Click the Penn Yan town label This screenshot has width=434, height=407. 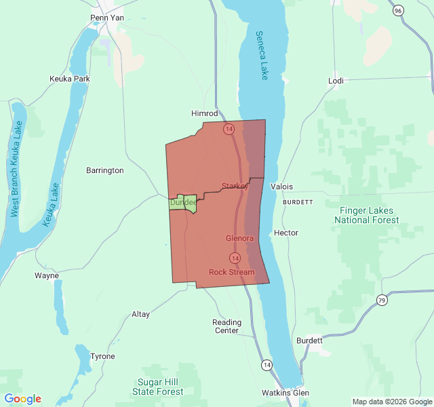click(x=106, y=18)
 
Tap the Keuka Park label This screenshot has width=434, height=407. click(x=70, y=79)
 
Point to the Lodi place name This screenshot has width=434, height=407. click(x=336, y=81)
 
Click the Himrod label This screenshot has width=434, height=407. click(x=205, y=113)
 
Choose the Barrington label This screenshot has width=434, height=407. click(x=105, y=170)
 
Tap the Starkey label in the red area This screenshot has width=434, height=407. click(x=235, y=186)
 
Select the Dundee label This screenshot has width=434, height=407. click(x=183, y=202)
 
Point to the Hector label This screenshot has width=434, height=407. click(x=285, y=233)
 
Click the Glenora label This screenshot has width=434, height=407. click(x=239, y=238)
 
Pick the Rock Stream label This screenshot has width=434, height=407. click(x=232, y=272)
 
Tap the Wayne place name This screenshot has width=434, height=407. click(x=47, y=275)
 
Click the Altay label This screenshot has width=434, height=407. click(x=140, y=314)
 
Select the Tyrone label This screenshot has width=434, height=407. click(x=103, y=356)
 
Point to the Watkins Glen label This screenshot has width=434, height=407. click(x=285, y=393)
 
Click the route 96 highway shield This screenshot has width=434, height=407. click(x=398, y=10)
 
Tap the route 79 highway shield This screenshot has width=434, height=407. click(x=382, y=300)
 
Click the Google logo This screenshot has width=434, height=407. click(x=23, y=399)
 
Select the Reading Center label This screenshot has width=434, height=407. click(x=226, y=326)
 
